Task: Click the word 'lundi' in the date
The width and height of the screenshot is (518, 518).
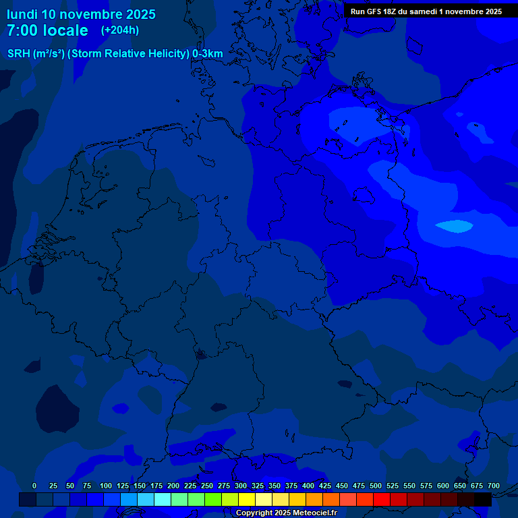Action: pos(22,14)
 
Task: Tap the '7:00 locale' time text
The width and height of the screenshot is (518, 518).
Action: pos(47,30)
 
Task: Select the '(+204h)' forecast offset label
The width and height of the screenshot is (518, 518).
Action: pos(120,30)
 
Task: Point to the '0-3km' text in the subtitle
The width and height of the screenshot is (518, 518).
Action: pos(208,54)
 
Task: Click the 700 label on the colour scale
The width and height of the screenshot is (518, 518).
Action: pos(494,486)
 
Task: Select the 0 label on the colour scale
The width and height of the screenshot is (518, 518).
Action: pos(34,486)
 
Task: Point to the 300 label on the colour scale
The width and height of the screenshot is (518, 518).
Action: pos(241,486)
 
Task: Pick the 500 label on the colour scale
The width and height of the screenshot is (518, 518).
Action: pos(376,486)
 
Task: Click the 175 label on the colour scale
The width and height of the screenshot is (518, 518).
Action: pos(156,486)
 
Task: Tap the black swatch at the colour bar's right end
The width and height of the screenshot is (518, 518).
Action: pos(483,499)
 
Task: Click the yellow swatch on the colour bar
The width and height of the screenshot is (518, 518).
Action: pos(247,499)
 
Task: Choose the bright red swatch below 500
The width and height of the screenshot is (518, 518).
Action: pos(382,499)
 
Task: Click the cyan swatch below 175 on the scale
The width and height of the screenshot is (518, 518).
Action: pos(163,499)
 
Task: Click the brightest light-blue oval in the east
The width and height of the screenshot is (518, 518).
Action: pos(453,226)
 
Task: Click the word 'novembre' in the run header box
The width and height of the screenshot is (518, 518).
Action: pos(460,11)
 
